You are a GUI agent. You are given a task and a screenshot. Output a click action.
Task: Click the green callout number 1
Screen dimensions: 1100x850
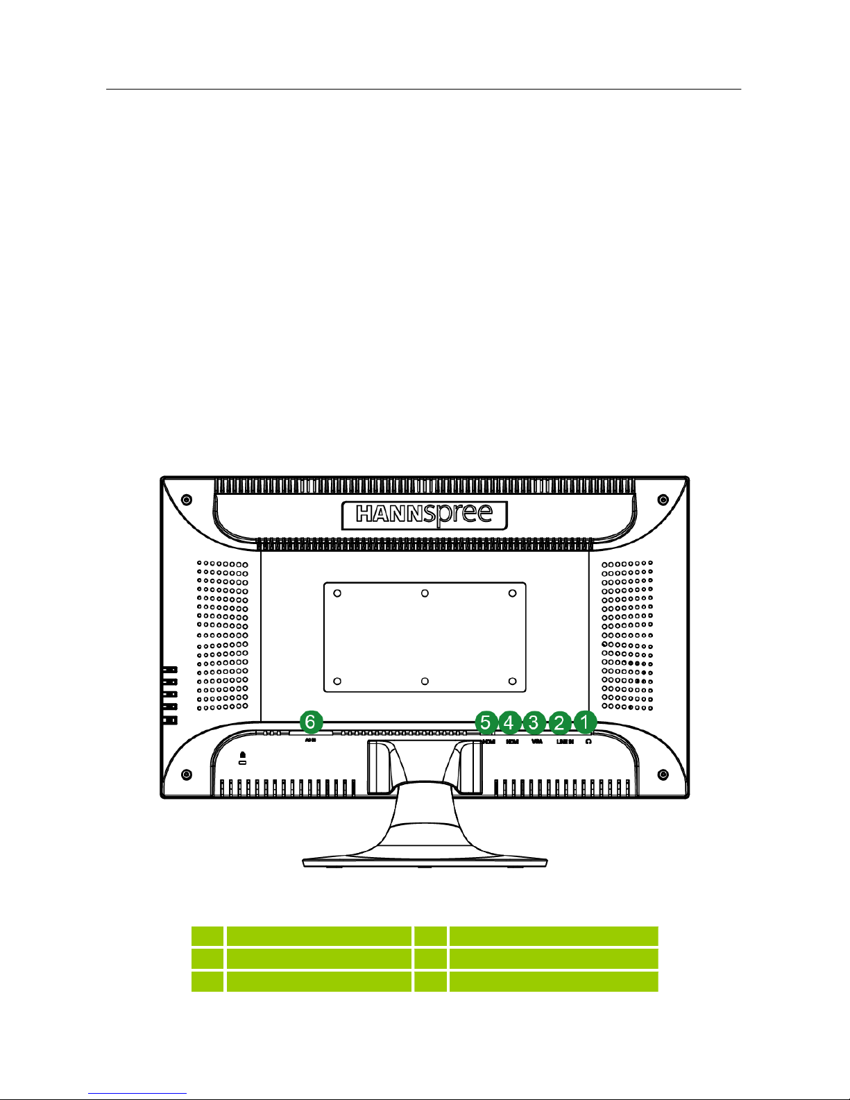click(x=585, y=722)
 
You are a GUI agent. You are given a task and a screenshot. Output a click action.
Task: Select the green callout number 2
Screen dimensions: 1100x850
click(x=559, y=722)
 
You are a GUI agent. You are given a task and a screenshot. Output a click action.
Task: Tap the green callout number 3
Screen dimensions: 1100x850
click(x=534, y=722)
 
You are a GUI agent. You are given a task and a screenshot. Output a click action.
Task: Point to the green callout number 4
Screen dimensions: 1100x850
click(x=509, y=722)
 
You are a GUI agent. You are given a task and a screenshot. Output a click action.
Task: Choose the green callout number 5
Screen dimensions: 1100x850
click(x=486, y=722)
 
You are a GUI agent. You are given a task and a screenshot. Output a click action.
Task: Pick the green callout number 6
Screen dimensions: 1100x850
click(x=310, y=722)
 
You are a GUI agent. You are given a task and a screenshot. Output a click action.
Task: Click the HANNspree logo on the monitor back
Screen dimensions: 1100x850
click(x=425, y=515)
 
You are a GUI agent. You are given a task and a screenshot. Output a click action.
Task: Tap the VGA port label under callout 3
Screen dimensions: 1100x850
click(x=536, y=742)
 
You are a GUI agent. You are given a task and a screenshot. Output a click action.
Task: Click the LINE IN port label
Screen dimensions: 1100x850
click(x=565, y=742)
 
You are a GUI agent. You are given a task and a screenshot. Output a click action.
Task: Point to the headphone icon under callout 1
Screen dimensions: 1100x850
click(x=588, y=741)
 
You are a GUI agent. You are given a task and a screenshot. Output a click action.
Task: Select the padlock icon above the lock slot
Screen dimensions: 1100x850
click(x=242, y=754)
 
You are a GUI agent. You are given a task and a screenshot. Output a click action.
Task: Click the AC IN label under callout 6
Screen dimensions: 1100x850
click(x=310, y=741)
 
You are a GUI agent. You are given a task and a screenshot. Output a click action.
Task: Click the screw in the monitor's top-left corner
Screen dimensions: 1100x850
click(x=186, y=500)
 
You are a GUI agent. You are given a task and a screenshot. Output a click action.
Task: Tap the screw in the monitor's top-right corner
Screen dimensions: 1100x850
click(x=663, y=500)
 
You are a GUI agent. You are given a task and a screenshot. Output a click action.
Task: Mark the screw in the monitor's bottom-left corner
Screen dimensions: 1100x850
click(x=186, y=774)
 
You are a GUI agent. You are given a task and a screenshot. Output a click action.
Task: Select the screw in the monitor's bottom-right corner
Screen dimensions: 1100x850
click(x=663, y=774)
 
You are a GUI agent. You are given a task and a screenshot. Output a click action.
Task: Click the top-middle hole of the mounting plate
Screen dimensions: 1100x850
click(x=425, y=593)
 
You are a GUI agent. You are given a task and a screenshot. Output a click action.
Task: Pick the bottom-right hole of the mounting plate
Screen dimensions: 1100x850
click(x=512, y=682)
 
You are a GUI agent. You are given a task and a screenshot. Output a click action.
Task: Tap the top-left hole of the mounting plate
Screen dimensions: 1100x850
click(x=337, y=593)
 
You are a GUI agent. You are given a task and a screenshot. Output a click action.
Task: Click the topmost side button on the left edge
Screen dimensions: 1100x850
click(x=169, y=670)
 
